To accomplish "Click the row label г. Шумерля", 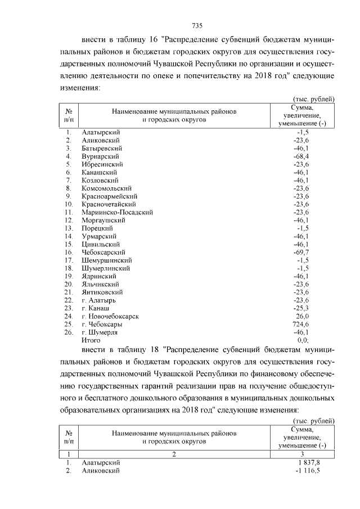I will pos(100,332).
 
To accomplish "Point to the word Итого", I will pos(91,340).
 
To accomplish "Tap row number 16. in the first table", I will pos(69,253).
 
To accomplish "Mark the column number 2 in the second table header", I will pos(174,454).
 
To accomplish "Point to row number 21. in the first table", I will pos(69,292).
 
